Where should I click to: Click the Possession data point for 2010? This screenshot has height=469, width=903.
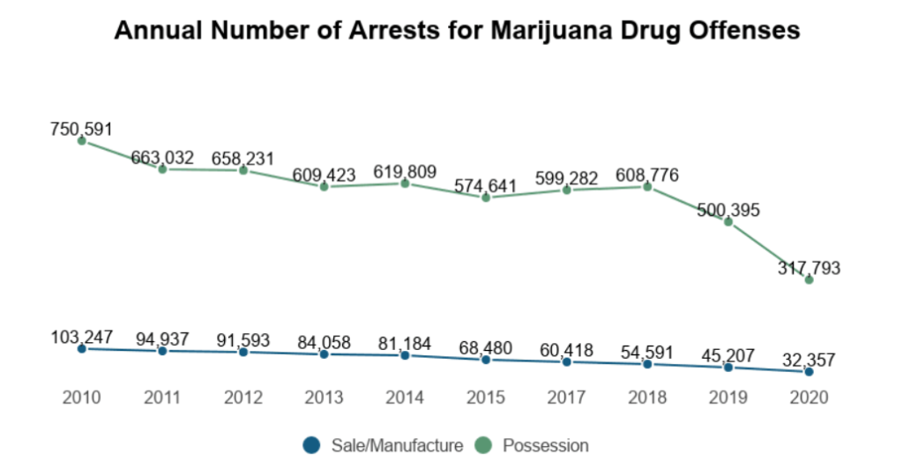coord(81,140)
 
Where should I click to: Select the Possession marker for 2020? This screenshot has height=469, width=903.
coord(809,279)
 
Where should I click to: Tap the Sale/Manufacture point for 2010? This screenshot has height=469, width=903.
coord(81,348)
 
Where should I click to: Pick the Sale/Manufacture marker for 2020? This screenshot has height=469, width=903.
coord(809,372)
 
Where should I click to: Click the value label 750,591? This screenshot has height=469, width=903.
coord(81,129)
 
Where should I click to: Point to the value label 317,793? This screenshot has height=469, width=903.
coord(809,268)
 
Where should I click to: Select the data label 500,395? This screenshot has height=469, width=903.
coord(728,210)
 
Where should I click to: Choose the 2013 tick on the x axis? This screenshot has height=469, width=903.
coord(324,398)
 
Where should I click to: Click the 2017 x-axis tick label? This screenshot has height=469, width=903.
coord(566,398)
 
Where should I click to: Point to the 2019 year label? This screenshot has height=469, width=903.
coord(728,398)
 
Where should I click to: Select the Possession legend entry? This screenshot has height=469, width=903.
coord(534,445)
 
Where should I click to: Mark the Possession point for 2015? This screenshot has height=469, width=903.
coord(485,197)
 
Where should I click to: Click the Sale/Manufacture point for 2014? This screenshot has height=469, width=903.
coord(405,354)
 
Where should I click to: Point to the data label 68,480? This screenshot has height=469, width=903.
coord(485,347)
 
